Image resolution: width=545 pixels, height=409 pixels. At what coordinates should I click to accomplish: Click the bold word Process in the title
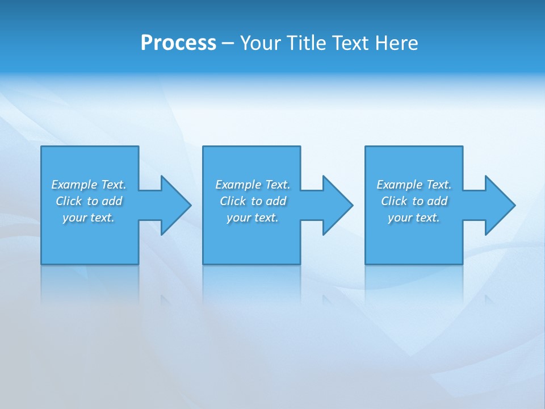[178, 43]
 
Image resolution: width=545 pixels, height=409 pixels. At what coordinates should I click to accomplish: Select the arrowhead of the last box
[499, 205]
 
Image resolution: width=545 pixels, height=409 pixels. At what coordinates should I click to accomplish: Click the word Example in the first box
[74, 185]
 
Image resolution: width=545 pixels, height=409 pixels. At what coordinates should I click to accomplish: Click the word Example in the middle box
[238, 185]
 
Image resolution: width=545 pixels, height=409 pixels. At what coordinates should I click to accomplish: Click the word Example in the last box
[400, 185]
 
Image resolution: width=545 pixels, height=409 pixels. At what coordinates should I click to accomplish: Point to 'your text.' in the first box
[89, 218]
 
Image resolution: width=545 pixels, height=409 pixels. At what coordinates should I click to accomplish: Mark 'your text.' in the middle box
[253, 218]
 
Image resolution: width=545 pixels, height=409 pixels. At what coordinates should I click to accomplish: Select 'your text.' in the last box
[414, 218]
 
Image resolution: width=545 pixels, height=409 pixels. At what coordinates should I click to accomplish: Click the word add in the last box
[437, 201]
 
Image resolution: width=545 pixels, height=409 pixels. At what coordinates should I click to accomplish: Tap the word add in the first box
[112, 201]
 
